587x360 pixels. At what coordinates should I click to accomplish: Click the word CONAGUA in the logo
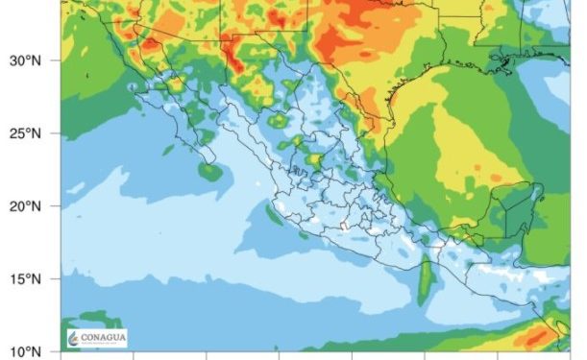(x=104, y=336)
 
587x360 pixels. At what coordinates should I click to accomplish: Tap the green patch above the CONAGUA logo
(x=91, y=318)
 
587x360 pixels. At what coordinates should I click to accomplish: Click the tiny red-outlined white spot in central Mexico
(x=344, y=227)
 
